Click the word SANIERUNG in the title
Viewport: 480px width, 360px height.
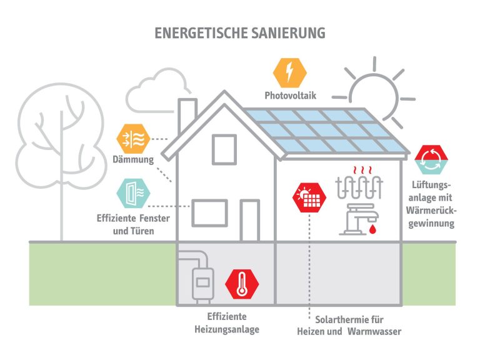pyautogui.click(x=288, y=32)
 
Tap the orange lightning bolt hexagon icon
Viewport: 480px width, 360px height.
pyautogui.click(x=289, y=73)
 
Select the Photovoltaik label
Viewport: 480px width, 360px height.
pyautogui.click(x=290, y=96)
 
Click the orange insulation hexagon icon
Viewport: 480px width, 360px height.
pyautogui.click(x=133, y=139)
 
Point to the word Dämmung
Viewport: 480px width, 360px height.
pyautogui.click(x=133, y=159)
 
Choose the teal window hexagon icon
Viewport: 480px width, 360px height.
pyautogui.click(x=133, y=194)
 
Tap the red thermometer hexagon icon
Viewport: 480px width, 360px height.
pyautogui.click(x=242, y=284)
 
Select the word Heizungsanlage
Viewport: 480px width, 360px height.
pyautogui.click(x=227, y=329)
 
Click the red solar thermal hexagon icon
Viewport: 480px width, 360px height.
pyautogui.click(x=309, y=197)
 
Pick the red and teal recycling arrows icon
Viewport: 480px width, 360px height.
pyautogui.click(x=431, y=160)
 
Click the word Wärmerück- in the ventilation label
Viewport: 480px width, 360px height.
pyautogui.click(x=431, y=211)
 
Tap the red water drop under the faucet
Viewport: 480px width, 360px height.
pyautogui.click(x=372, y=229)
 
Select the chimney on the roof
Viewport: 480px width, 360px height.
pyautogui.click(x=187, y=116)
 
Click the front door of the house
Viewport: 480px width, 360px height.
pyautogui.click(x=250, y=221)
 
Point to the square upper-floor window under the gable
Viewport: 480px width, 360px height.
pyautogui.click(x=224, y=150)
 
